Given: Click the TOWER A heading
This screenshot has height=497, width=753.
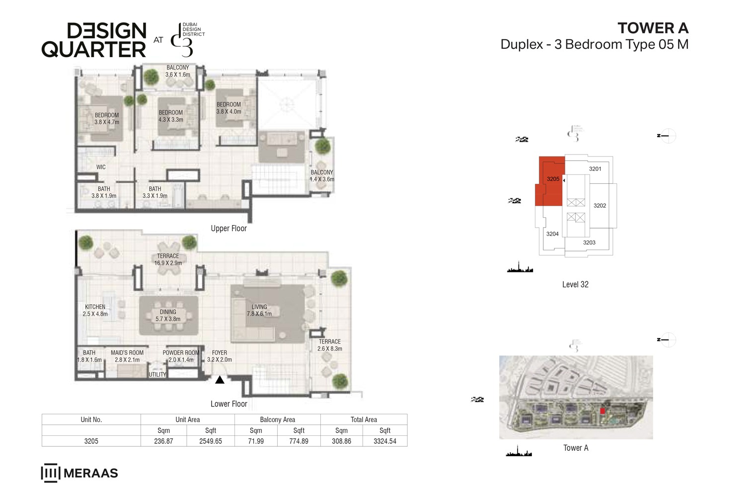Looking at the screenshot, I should pyautogui.click(x=653, y=28).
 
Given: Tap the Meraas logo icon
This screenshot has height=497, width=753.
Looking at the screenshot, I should pyautogui.click(x=50, y=473).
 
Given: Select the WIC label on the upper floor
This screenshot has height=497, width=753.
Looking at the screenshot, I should pyautogui.click(x=101, y=167).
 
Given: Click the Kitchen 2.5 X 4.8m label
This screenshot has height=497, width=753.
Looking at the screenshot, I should pyautogui.click(x=95, y=310).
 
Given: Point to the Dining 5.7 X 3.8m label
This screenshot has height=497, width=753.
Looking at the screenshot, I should pyautogui.click(x=168, y=316).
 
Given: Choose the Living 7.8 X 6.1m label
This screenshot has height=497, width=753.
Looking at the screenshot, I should pyautogui.click(x=259, y=310).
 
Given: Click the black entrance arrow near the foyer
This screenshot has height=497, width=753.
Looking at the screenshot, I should pyautogui.click(x=220, y=380).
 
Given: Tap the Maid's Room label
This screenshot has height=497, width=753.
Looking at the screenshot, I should pyautogui.click(x=127, y=356).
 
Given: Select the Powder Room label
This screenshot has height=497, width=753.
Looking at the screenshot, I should pyautogui.click(x=181, y=356).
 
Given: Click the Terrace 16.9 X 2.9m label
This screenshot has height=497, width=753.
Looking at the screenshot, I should pyautogui.click(x=168, y=259).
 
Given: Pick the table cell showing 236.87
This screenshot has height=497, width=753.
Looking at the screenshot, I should pyautogui.click(x=163, y=441).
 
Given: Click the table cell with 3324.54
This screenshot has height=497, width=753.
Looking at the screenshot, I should pyautogui.click(x=385, y=441).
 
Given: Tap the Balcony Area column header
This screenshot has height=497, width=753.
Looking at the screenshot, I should pyautogui.click(x=277, y=419).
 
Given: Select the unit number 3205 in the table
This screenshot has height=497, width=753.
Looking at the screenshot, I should pyautogui.click(x=91, y=441).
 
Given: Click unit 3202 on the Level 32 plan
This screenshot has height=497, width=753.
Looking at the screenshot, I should pyautogui.click(x=600, y=205).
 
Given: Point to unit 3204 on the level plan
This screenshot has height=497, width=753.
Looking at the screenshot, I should pyautogui.click(x=552, y=234).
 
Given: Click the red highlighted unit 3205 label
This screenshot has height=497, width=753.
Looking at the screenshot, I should pyautogui.click(x=553, y=179).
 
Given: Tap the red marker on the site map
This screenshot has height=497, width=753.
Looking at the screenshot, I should pyautogui.click(x=602, y=411).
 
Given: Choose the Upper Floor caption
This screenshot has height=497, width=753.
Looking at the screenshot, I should pyautogui.click(x=228, y=229).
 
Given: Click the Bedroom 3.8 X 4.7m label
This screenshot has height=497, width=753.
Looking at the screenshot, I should pyautogui.click(x=107, y=118).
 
